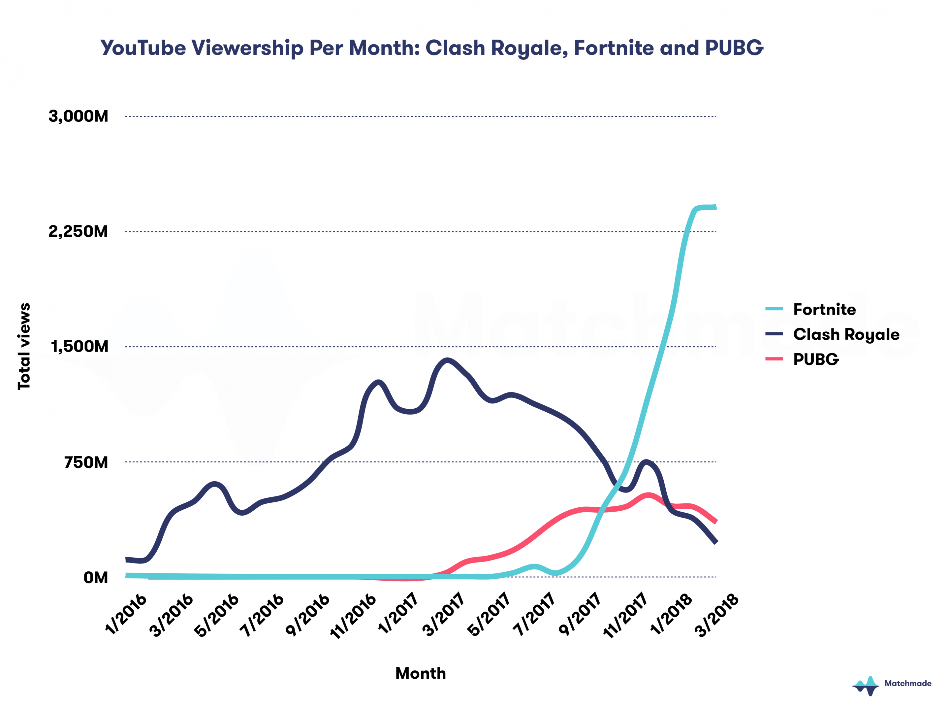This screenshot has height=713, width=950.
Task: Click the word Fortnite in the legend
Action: click(824, 309)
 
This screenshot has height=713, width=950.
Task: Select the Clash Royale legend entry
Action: click(846, 334)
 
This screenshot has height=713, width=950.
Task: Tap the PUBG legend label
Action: click(815, 359)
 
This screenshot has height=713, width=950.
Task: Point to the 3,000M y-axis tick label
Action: click(78, 117)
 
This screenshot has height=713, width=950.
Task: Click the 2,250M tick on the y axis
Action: click(78, 232)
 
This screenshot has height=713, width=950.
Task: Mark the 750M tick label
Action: click(86, 462)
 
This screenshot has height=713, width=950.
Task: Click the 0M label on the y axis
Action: click(96, 578)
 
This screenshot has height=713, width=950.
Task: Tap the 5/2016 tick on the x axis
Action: click(217, 615)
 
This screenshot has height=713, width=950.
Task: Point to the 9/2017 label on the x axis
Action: click(580, 615)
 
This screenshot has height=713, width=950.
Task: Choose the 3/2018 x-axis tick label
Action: click(717, 615)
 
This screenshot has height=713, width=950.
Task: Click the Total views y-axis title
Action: click(24, 346)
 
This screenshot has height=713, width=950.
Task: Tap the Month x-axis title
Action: click(421, 673)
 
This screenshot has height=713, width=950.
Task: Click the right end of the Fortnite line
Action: click(715, 207)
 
